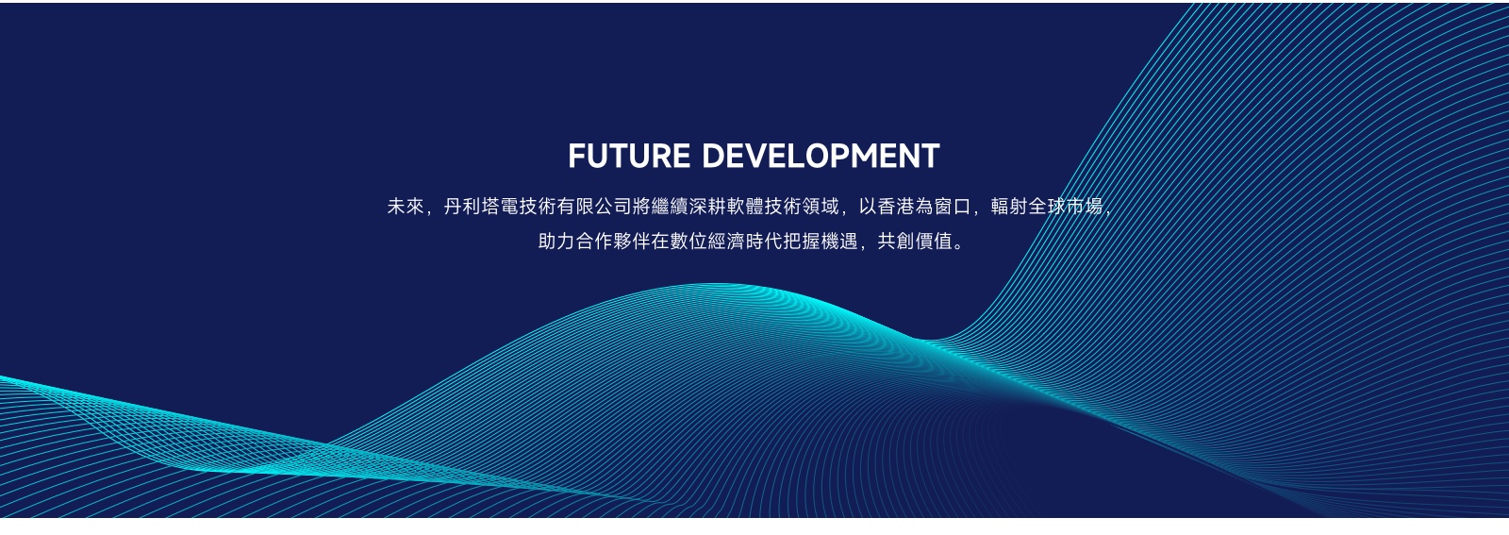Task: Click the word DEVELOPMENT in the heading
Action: tap(821, 157)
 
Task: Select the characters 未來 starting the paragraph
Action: tap(406, 207)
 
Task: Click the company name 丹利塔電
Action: tap(481, 207)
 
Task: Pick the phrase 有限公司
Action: tap(594, 207)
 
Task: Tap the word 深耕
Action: tap(707, 207)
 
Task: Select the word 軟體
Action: tap(745, 207)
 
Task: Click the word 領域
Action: tap(821, 207)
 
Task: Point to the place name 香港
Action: tap(896, 207)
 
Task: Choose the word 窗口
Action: tap(953, 207)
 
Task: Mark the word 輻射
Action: tap(1009, 207)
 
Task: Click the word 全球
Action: tap(1047, 207)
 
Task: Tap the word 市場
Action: tap(1085, 207)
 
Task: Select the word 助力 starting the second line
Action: tap(556, 242)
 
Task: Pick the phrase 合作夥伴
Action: tap(613, 242)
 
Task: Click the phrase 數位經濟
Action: tap(707, 242)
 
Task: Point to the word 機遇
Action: tap(839, 242)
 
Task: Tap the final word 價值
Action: tap(934, 242)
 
